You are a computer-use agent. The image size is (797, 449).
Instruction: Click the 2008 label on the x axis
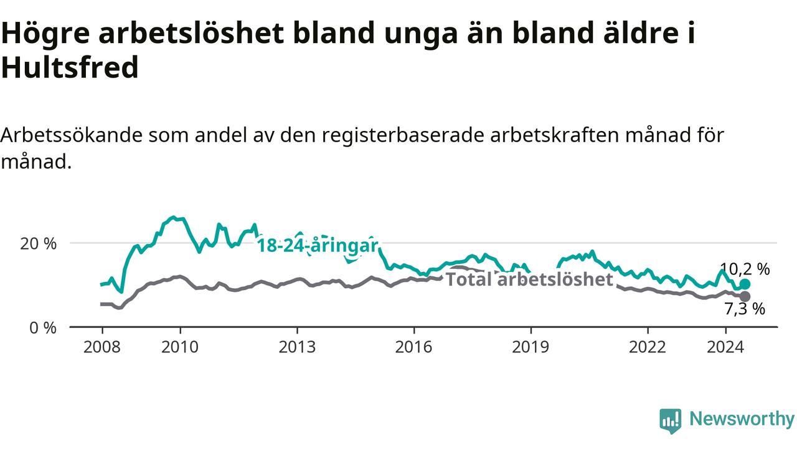point(101,347)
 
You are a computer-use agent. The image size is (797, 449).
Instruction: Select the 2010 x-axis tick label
point(180,347)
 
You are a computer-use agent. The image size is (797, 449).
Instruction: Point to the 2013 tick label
point(297,347)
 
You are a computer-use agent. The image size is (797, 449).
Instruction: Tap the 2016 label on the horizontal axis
point(413,347)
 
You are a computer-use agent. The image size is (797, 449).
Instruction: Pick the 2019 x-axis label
point(531,347)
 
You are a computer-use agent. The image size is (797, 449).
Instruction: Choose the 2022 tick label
point(647,347)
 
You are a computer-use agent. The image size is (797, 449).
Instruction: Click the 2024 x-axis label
point(725,347)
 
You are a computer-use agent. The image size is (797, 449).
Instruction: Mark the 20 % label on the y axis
point(38,244)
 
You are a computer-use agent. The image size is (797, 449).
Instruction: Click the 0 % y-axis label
point(43,328)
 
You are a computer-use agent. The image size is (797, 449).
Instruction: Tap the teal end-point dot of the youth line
point(745,284)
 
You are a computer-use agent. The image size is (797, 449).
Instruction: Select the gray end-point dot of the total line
point(745,296)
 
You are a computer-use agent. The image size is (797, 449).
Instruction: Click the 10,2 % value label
point(745,269)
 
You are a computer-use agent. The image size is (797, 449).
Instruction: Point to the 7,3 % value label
point(745,309)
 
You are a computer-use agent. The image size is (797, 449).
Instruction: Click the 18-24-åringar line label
point(318,246)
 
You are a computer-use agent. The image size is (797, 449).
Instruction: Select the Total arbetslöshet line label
point(529,279)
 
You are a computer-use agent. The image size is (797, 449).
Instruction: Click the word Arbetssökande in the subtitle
point(72,135)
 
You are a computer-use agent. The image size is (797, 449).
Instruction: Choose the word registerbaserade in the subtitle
point(403,135)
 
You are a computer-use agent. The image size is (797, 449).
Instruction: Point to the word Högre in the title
point(45,34)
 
